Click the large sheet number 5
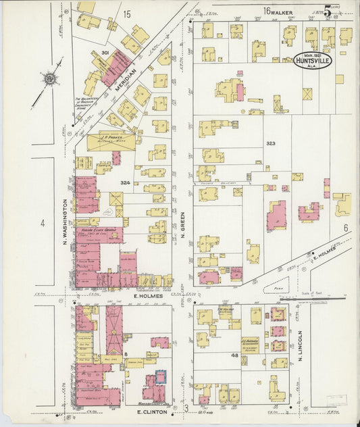coord(328,10)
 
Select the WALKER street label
coord(287,11)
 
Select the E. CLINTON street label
coord(151,411)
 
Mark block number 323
coord(271,143)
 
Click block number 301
coord(105,52)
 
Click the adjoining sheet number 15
coord(126,13)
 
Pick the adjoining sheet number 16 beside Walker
coord(267,11)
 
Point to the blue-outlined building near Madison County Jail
coord(161,376)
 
